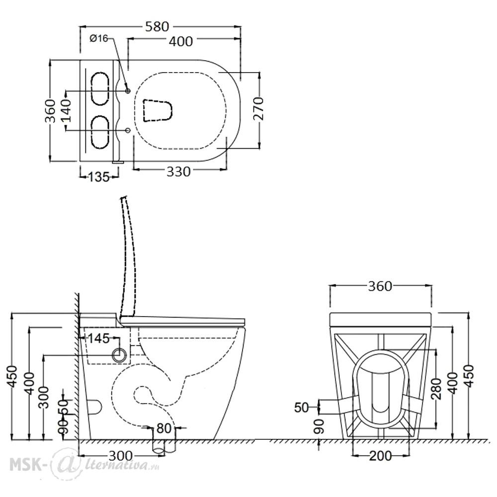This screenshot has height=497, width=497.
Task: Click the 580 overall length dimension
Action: (157, 27)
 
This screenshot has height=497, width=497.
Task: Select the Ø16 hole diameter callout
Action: (99, 38)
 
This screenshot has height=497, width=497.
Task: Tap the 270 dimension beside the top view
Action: (258, 109)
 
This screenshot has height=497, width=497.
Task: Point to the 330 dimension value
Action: (178, 172)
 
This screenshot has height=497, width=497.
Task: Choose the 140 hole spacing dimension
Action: (66, 110)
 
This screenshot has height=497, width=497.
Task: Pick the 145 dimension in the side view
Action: (98, 338)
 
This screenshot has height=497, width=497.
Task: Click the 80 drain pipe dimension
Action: (164, 428)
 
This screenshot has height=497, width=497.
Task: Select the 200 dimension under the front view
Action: (380, 456)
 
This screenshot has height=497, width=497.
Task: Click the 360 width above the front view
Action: (380, 287)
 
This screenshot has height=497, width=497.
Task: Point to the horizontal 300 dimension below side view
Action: (120, 456)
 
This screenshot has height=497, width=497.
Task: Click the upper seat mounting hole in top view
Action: (128, 91)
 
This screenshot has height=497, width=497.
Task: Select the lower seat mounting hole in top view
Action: (128, 130)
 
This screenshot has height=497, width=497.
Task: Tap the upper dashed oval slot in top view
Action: (100, 89)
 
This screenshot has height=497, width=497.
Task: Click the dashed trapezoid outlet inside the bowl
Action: (158, 110)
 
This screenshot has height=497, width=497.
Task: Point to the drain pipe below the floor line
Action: (164, 446)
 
